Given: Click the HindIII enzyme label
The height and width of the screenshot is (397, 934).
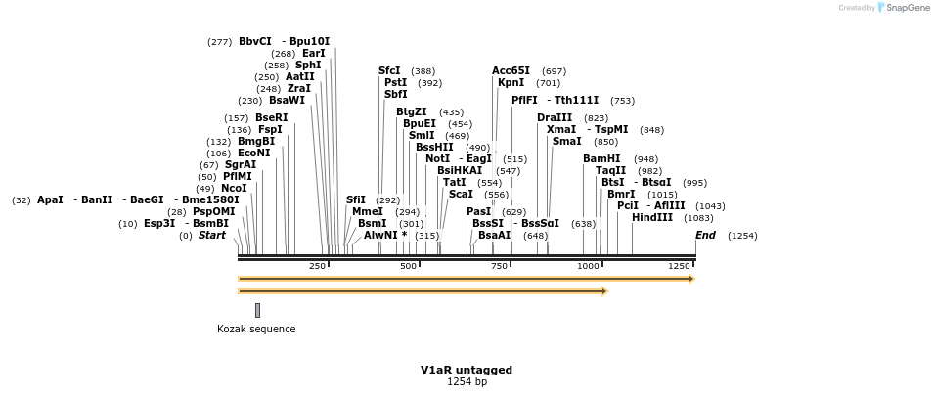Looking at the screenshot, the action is coord(652,218).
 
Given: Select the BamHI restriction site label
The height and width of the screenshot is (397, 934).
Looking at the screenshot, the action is coord(601,159).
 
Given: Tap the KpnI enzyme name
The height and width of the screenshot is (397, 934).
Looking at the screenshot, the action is coord(511,83).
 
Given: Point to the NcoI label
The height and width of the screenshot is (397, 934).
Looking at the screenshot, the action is coord(234,188).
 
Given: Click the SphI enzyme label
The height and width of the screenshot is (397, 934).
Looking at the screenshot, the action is coord(308,65).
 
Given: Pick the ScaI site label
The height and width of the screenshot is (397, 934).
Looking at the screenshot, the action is coord(461,194).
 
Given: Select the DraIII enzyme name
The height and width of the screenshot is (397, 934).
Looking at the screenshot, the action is coord(556,118).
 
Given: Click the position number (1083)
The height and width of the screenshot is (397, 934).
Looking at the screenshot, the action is coord(698,218).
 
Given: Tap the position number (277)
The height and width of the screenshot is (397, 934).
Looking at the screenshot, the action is coord(220,42).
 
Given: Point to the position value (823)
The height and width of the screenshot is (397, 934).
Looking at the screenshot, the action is coord(596,118).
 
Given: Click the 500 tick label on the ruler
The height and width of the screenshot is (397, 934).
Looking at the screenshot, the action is coord(408,266).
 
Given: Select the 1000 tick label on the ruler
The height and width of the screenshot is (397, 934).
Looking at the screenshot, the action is coord(589,266).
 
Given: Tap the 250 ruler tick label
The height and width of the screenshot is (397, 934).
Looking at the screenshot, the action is coord(318,266).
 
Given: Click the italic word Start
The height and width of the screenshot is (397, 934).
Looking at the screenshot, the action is coord(212,235).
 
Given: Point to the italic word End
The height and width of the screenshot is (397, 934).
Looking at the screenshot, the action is coord(706,235).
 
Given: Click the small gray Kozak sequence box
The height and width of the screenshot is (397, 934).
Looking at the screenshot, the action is coord(258,310).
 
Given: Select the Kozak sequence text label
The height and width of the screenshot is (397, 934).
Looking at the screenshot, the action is coord(256,329).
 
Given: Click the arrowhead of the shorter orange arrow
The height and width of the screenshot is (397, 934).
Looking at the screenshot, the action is coord(604,291).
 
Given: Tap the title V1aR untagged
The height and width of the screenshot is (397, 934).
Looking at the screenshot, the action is coord(467,370).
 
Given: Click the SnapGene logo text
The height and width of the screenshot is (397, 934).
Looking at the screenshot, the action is coord(908,8).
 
